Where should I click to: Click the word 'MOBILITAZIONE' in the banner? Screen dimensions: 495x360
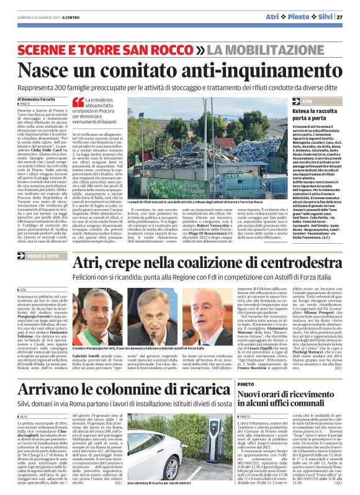point(279,48)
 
